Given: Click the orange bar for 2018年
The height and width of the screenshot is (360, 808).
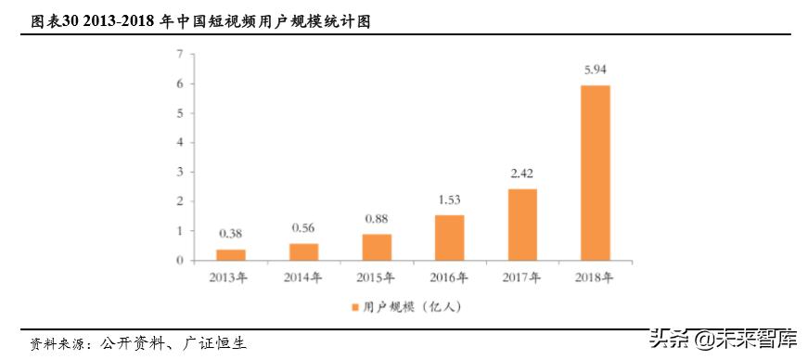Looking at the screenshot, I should tap(596, 173).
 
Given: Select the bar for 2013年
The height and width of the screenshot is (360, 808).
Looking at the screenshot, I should tap(231, 254).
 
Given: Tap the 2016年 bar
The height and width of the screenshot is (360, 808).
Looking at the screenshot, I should tap(449, 238).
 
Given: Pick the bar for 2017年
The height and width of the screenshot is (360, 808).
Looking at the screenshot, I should tap(522, 225).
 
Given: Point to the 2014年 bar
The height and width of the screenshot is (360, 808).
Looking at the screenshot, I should tap(303, 251).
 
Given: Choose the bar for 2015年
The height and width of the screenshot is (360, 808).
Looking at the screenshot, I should tap(377, 247).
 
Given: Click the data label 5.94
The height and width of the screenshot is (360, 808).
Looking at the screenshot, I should tap(596, 69).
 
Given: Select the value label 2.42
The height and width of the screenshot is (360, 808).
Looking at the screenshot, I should tap(522, 173).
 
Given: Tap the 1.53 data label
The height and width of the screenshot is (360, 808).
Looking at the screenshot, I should tap(449, 199).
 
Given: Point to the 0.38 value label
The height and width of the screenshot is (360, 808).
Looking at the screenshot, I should tap(231, 233).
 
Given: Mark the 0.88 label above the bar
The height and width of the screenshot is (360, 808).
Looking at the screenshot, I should tap(377, 218).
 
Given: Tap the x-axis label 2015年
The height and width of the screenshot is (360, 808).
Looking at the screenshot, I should tap(377, 276).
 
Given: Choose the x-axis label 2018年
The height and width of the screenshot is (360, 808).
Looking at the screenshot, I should tap(596, 276).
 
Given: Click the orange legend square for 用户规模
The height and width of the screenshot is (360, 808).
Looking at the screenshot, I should tap(353, 305).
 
